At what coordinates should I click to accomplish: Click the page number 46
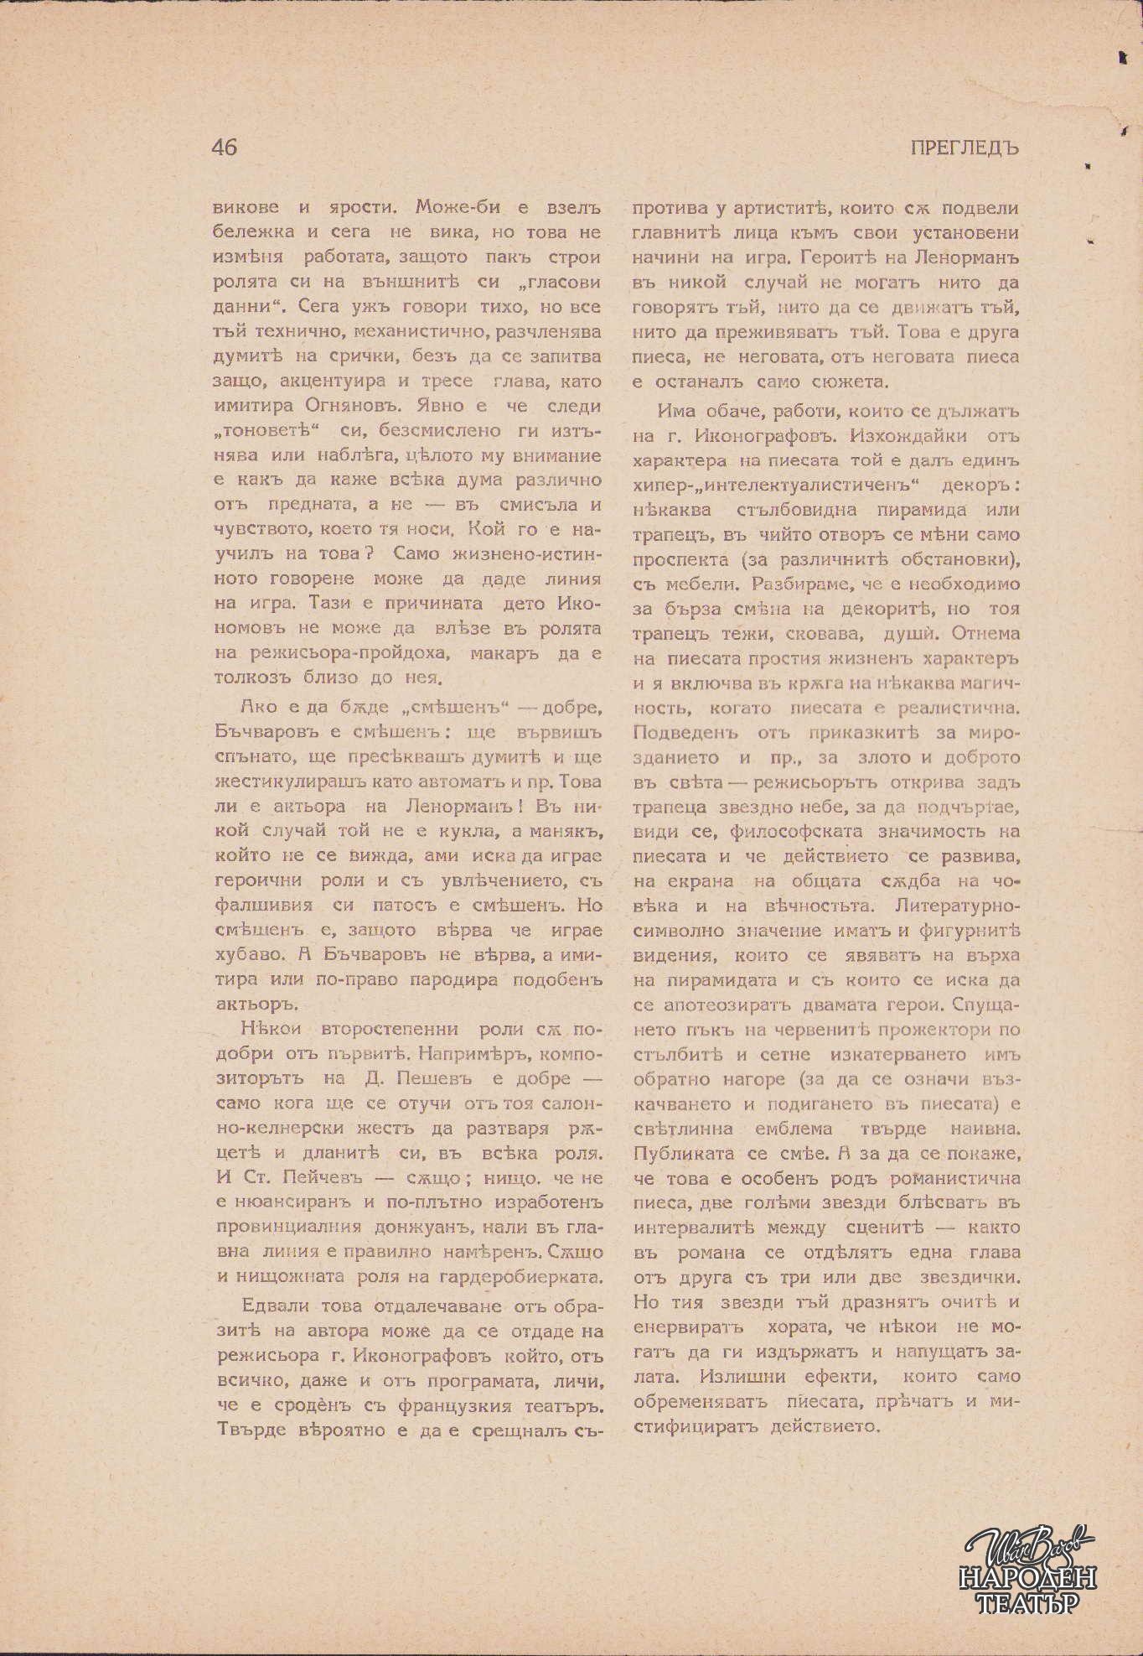point(225,148)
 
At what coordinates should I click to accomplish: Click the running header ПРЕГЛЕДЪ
point(964,148)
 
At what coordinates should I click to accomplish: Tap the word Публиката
point(684,1153)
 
